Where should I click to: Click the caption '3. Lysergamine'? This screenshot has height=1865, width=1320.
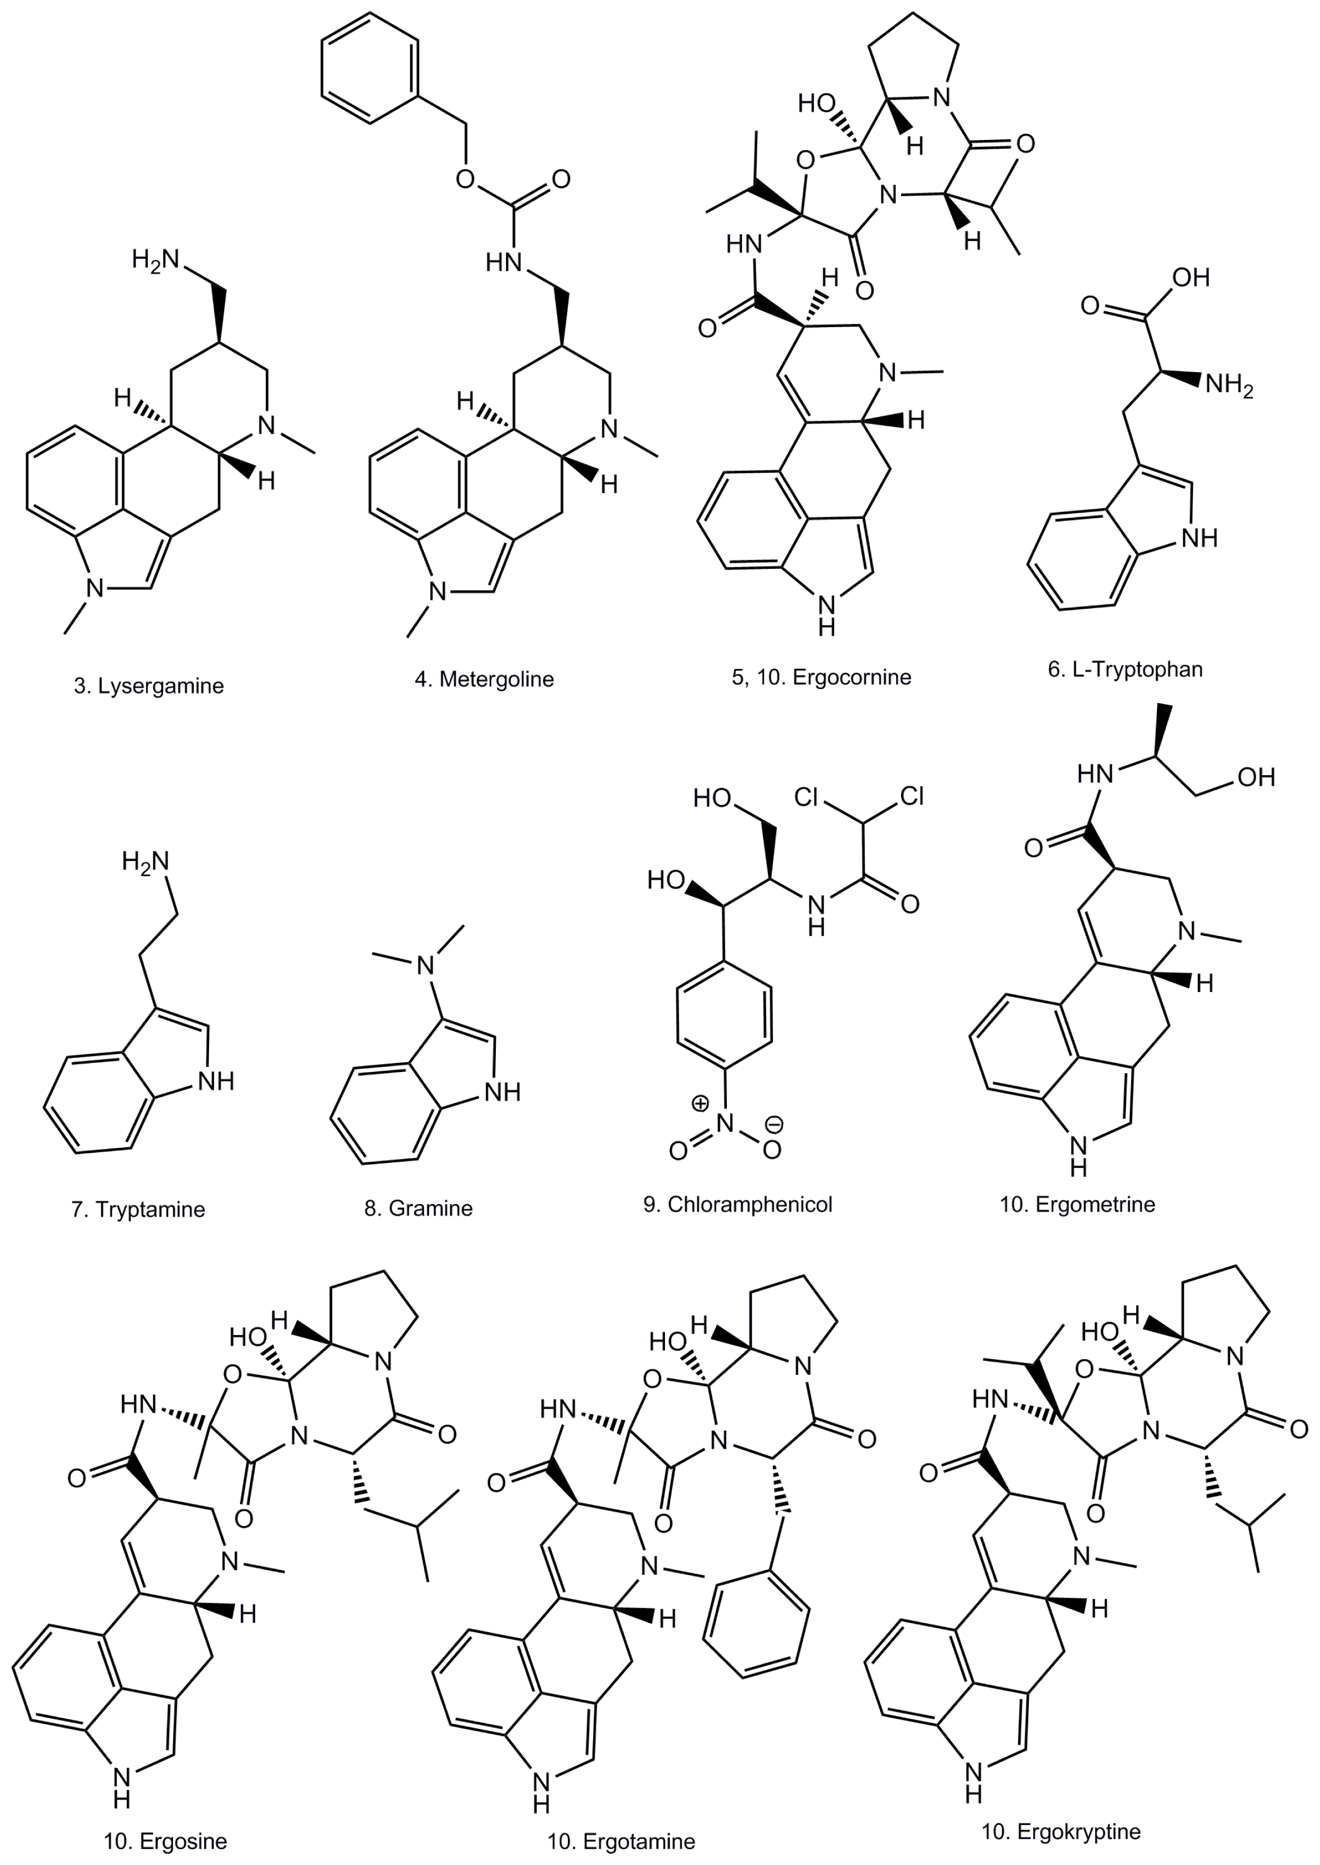pos(149,686)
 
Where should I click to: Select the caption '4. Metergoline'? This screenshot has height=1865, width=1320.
pos(485,680)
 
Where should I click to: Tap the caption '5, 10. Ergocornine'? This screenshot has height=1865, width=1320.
pos(822,677)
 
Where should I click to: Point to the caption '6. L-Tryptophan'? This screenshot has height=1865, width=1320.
pos(1125,669)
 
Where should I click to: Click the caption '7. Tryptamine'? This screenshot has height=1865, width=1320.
pos(138,1209)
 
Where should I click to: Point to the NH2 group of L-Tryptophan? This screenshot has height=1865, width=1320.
pos(1229,384)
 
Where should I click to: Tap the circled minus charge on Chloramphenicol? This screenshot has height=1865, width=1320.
pos(775,1125)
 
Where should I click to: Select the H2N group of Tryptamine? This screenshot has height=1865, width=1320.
pos(146,861)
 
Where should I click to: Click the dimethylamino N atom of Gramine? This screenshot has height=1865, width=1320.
pos(425,966)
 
